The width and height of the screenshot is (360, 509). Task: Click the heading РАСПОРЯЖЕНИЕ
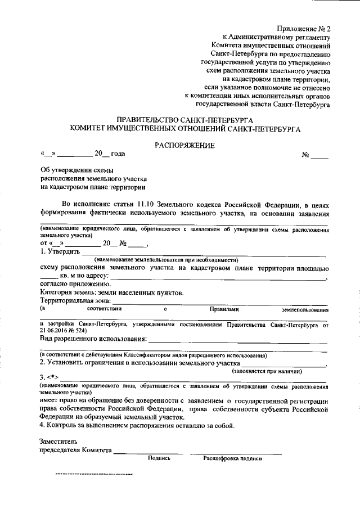click(185, 145)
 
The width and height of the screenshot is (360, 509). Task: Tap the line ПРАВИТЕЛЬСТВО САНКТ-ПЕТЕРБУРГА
click(185, 120)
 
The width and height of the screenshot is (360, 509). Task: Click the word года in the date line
click(118, 154)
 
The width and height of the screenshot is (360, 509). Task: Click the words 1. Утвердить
click(60, 251)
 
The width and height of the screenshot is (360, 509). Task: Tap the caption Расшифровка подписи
click(232, 458)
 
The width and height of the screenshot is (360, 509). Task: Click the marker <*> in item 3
click(52, 377)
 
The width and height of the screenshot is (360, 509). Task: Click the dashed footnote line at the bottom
click(93, 474)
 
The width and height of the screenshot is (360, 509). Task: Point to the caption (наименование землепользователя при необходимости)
click(166, 259)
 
